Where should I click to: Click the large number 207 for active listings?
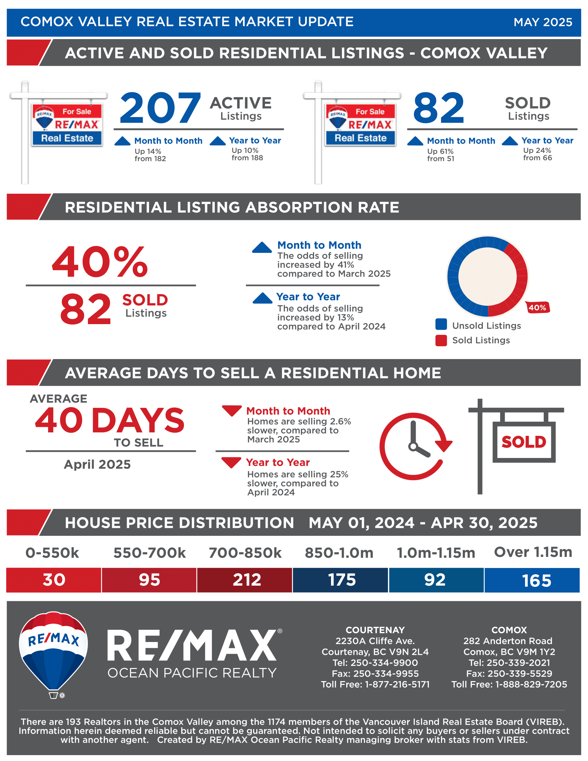(x=160, y=108)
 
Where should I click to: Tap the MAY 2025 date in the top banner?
(x=542, y=22)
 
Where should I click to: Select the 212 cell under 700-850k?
(x=247, y=580)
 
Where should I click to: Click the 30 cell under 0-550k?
(x=54, y=580)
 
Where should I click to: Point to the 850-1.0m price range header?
(x=339, y=553)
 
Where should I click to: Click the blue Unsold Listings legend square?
(x=441, y=324)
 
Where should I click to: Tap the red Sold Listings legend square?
(x=441, y=340)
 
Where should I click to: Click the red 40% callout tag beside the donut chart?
(x=537, y=308)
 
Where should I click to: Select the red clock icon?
(x=414, y=446)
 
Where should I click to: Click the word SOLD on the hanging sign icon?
(x=524, y=442)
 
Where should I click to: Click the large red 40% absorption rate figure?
(x=100, y=262)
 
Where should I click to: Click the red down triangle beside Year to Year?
(x=231, y=462)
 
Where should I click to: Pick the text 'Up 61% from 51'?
(x=440, y=155)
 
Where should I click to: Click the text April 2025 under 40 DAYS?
(x=97, y=465)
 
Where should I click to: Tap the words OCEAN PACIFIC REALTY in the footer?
(x=192, y=673)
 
